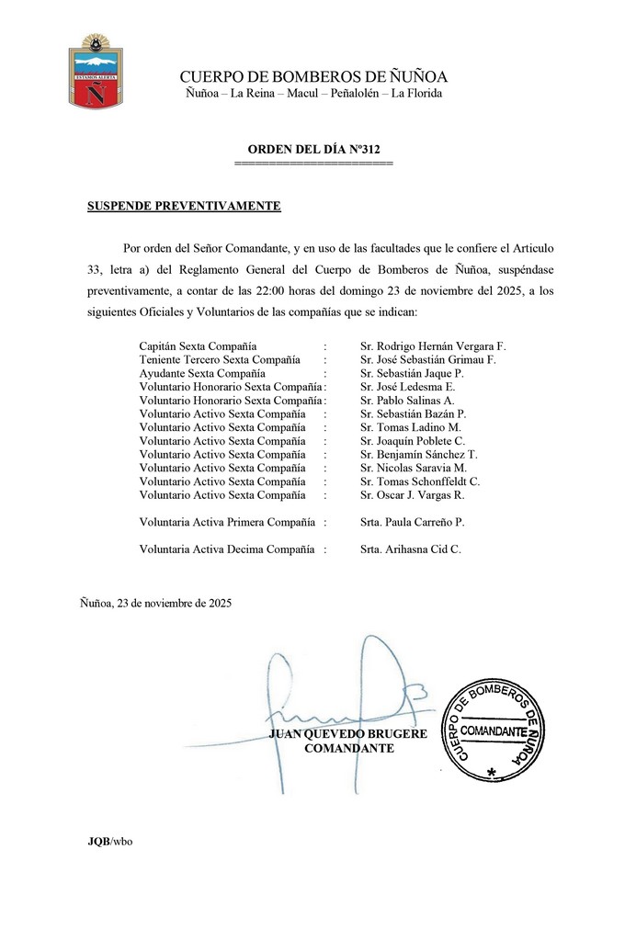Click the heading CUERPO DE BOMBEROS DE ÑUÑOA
click(313, 76)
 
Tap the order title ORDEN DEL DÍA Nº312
click(313, 148)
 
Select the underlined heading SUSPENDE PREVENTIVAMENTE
click(184, 206)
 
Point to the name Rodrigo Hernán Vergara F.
click(433, 345)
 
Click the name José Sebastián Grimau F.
click(427, 360)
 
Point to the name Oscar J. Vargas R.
click(413, 495)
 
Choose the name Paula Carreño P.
click(413, 523)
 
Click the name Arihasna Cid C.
click(411, 549)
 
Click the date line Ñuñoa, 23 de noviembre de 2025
click(155, 604)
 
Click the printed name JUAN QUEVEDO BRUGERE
click(348, 734)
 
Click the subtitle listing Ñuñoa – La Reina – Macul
click(313, 94)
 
